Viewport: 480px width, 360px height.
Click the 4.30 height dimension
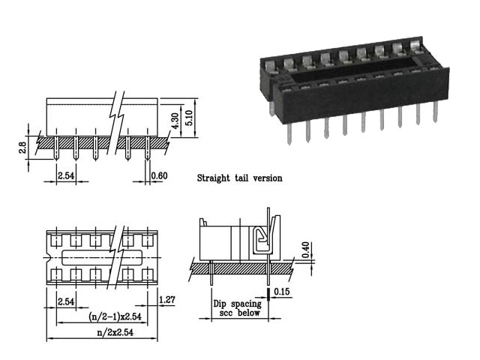point(175,121)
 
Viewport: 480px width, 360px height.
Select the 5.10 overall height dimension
point(189,118)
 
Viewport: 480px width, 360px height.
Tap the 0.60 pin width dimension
point(160,175)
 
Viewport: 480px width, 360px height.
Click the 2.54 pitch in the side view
point(66,175)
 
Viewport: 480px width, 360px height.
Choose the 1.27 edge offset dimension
point(167,299)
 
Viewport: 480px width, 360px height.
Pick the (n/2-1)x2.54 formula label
point(115,316)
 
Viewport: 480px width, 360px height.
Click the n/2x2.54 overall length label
point(115,332)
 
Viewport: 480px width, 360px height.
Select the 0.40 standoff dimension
point(305,250)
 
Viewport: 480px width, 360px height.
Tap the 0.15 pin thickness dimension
point(282,291)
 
